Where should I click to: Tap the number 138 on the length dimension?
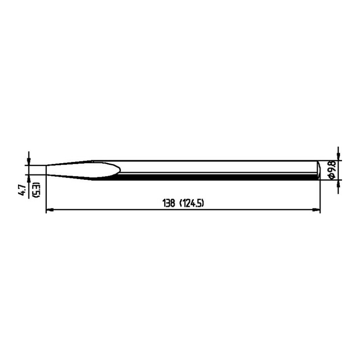[x=169, y=203]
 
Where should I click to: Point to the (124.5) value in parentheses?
[x=191, y=203]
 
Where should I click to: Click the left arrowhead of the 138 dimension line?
[x=50, y=209]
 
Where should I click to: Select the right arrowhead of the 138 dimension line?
[x=316, y=209]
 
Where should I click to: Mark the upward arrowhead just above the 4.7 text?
[x=28, y=179]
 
